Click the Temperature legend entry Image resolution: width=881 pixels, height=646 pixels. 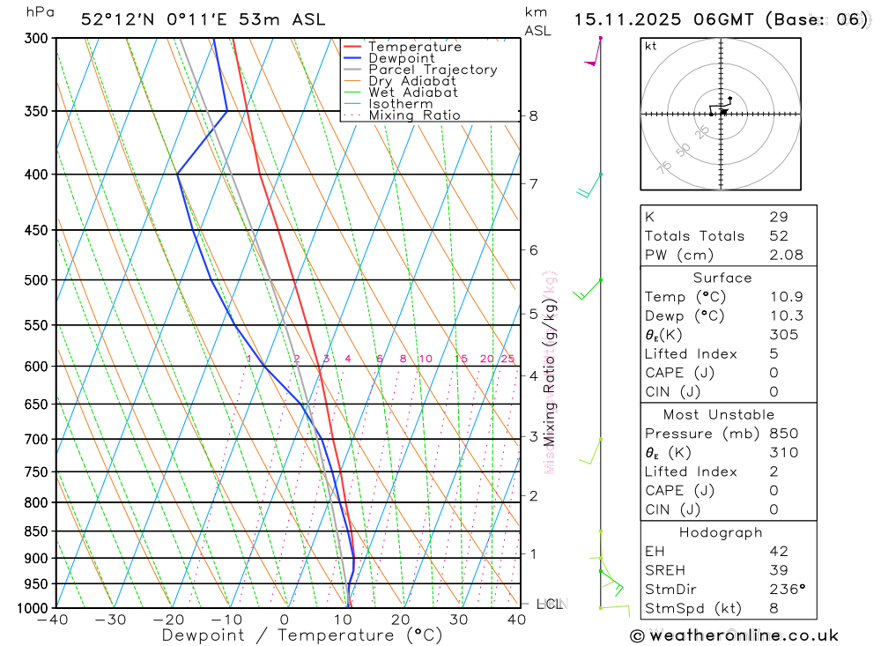pyautogui.click(x=414, y=48)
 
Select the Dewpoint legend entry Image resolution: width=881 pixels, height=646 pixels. pyautogui.click(x=401, y=59)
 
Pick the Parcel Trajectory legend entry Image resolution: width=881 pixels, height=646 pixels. pyautogui.click(x=432, y=70)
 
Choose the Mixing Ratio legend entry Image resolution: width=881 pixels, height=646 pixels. pyautogui.click(x=414, y=115)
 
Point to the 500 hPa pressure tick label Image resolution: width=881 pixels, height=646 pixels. pyautogui.click(x=36, y=280)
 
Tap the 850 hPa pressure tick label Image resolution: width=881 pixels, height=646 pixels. pyautogui.click(x=36, y=531)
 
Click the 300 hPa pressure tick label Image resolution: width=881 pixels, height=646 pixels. pyautogui.click(x=36, y=39)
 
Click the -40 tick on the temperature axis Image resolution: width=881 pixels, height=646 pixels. pyautogui.click(x=54, y=620)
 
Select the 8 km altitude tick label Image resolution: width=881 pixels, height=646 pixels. pyautogui.click(x=534, y=115)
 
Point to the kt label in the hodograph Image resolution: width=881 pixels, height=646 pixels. pyautogui.click(x=651, y=47)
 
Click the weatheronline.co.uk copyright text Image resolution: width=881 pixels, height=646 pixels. pyautogui.click(x=735, y=635)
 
